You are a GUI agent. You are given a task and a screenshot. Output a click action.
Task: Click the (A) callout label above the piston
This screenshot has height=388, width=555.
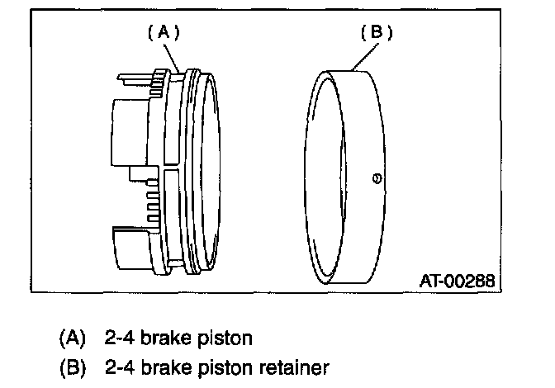[163, 32]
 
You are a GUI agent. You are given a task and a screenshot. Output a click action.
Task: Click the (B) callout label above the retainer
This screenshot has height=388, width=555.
[376, 32]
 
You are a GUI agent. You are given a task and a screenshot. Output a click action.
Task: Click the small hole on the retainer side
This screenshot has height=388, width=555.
[377, 177]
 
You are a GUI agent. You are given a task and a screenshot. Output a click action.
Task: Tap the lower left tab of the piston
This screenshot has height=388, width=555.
[128, 248]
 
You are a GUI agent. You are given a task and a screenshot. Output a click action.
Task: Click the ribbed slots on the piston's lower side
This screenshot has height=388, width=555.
[152, 202]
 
